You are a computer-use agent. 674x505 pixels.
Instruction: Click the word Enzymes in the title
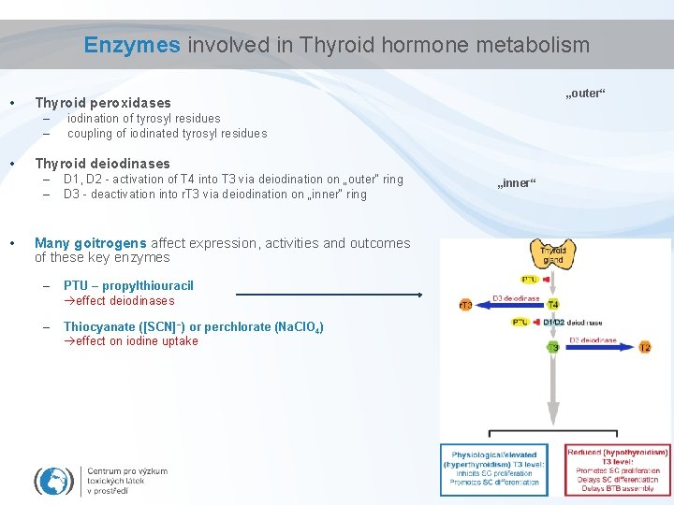(132, 45)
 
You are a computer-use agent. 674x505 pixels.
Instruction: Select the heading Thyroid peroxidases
(103, 103)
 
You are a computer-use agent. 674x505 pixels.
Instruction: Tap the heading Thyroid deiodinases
(102, 164)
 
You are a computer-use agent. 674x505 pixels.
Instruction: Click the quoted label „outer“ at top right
(587, 94)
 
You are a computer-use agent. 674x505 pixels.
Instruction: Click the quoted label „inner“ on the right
(517, 183)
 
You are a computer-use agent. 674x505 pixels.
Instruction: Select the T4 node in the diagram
(553, 305)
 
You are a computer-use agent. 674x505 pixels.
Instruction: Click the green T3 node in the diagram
(553, 347)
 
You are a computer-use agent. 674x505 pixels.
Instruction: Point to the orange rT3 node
(464, 305)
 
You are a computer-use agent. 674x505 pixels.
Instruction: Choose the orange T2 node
(645, 347)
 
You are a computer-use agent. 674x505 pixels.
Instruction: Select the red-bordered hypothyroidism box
(617, 469)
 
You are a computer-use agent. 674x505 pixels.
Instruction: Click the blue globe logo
(53, 480)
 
